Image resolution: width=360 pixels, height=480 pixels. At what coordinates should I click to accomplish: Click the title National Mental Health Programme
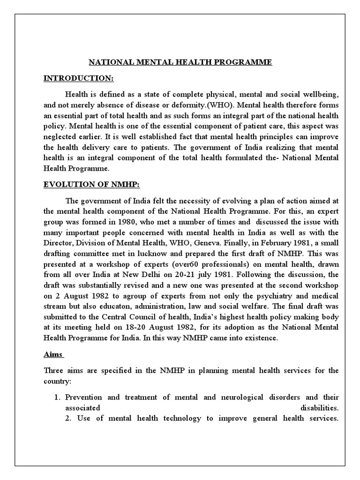pyautogui.click(x=180, y=62)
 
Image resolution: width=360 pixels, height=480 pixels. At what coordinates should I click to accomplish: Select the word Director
pyautogui.click(x=59, y=244)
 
